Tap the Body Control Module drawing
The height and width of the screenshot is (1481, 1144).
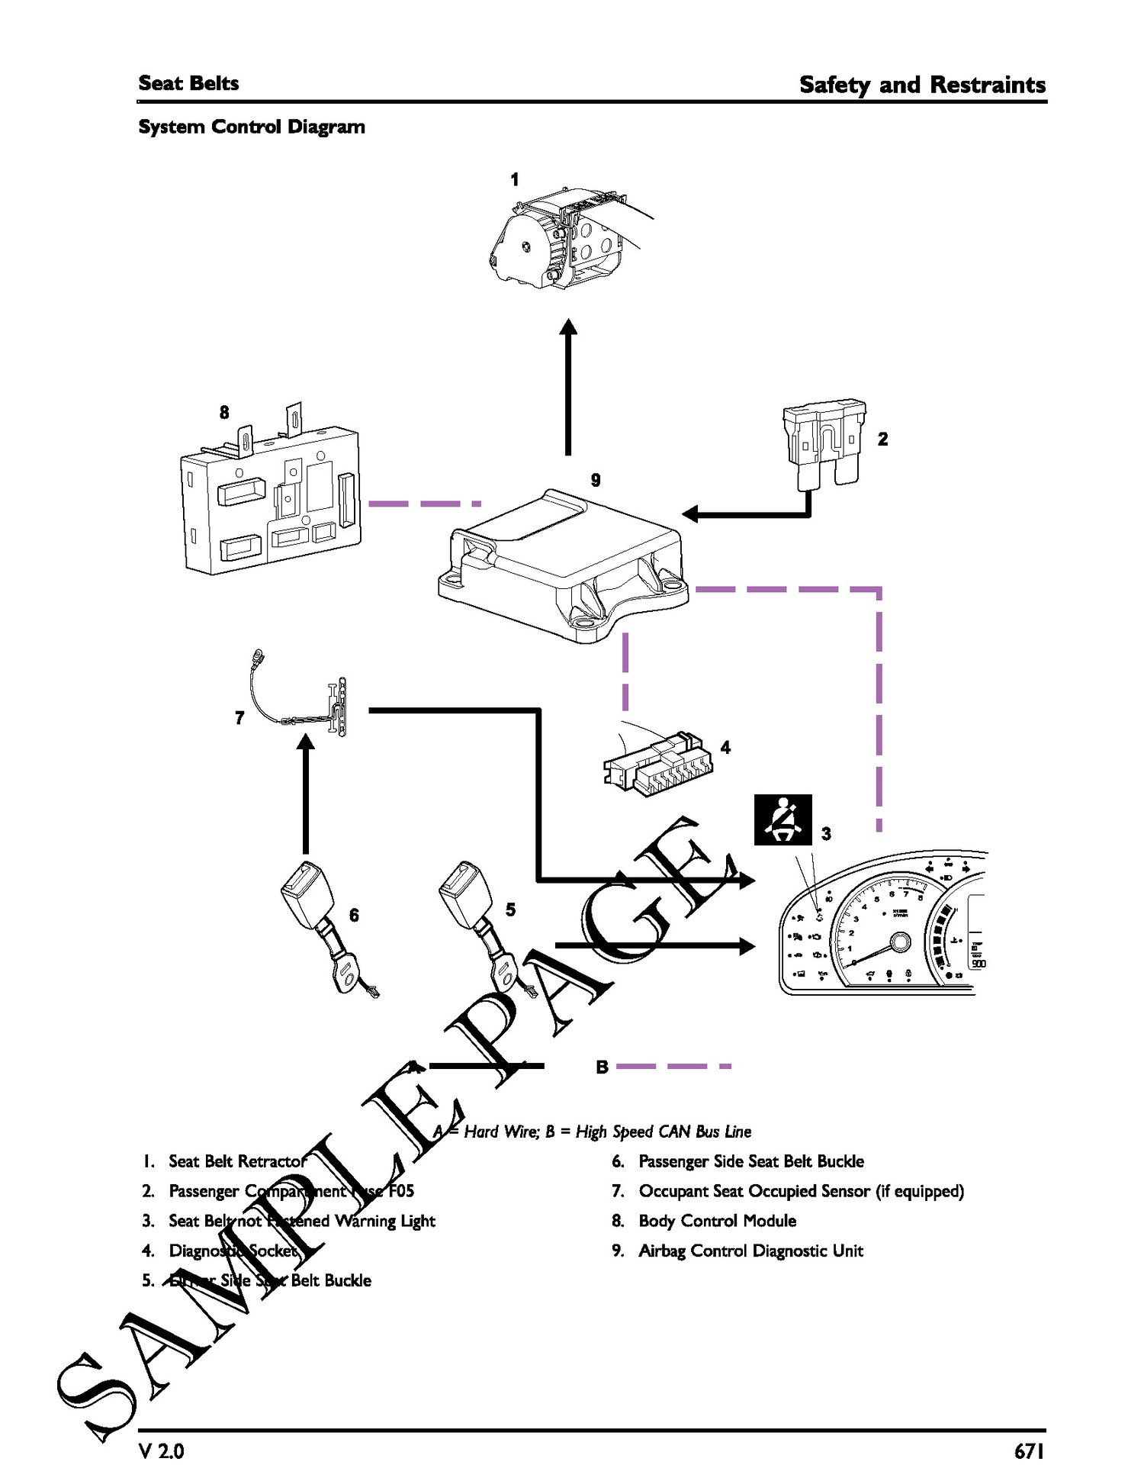[x=271, y=499]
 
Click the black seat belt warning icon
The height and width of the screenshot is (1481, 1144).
[x=782, y=820]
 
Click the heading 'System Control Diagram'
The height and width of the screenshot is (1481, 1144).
[x=252, y=127]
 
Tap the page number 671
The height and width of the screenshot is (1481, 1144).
[x=1029, y=1450]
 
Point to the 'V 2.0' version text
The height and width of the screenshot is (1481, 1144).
[x=162, y=1450]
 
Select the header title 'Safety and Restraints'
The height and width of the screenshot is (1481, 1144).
[x=922, y=84]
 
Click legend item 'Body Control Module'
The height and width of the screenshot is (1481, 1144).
[x=717, y=1221]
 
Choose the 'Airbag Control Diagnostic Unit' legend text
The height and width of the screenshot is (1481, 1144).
[x=750, y=1251]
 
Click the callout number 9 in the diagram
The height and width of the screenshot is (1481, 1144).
[x=596, y=480]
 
